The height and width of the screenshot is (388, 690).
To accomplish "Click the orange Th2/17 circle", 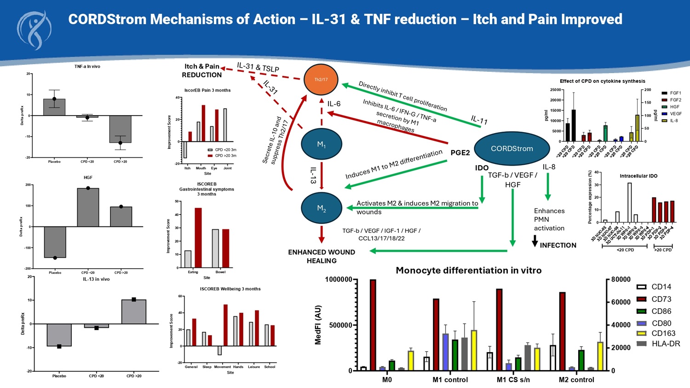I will [321, 80].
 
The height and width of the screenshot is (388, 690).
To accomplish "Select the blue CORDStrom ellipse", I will [512, 148].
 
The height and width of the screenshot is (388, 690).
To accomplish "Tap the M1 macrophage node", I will [321, 145].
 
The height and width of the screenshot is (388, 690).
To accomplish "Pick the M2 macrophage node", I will [321, 208].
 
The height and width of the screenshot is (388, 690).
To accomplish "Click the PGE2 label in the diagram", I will [460, 153].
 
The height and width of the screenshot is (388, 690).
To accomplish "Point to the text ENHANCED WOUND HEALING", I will [322, 256].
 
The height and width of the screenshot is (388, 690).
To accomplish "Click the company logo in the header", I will [34, 29].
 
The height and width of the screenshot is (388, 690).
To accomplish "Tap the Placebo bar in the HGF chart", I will [55, 242].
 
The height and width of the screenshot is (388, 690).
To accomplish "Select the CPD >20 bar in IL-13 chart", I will [134, 312].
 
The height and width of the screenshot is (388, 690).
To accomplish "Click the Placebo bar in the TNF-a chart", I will [54, 107].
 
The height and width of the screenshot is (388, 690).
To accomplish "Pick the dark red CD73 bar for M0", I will [373, 324].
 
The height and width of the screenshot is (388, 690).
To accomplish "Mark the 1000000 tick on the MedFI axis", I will [339, 279].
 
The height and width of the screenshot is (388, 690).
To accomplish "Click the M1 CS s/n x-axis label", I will [513, 380].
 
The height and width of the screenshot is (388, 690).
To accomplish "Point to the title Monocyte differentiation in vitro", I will [468, 271].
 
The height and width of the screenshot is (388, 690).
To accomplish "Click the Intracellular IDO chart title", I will [638, 176].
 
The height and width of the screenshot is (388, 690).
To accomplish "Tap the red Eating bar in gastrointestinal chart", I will [198, 237].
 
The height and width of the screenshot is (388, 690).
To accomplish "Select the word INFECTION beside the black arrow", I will [558, 245].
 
